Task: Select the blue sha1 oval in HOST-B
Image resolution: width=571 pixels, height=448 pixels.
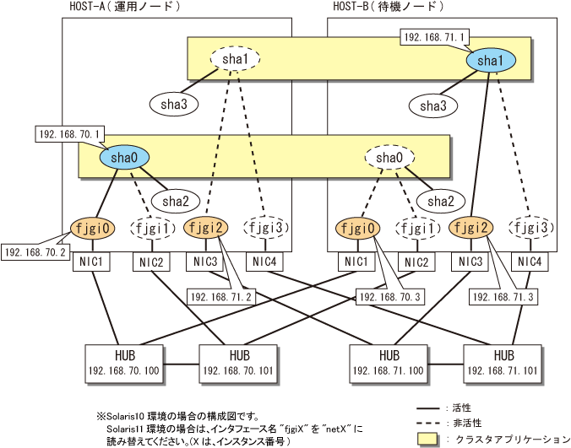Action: (491, 61)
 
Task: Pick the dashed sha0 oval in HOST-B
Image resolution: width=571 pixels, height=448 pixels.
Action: (389, 157)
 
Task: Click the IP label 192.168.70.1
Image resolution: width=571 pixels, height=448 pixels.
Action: (70, 133)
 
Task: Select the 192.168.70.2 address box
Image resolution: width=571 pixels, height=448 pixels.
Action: (35, 251)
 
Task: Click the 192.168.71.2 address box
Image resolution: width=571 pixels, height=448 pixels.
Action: (220, 297)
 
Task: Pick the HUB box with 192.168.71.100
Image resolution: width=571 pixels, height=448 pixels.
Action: (389, 362)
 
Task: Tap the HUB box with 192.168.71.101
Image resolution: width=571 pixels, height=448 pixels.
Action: (503, 362)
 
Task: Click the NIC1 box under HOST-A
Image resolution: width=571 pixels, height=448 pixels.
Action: (91, 262)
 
